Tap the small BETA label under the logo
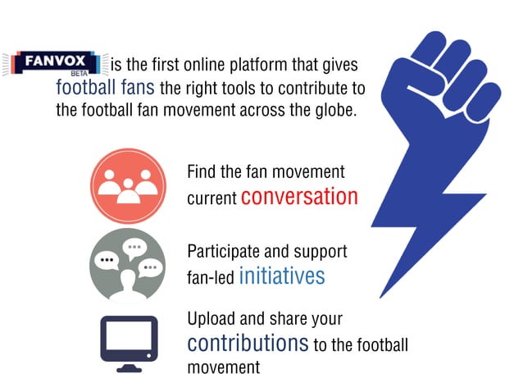coord(80,74)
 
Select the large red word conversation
coord(299,197)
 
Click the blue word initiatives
coord(281,276)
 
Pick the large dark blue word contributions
coord(248,343)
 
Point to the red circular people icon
coord(127,186)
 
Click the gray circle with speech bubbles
coord(127,263)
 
